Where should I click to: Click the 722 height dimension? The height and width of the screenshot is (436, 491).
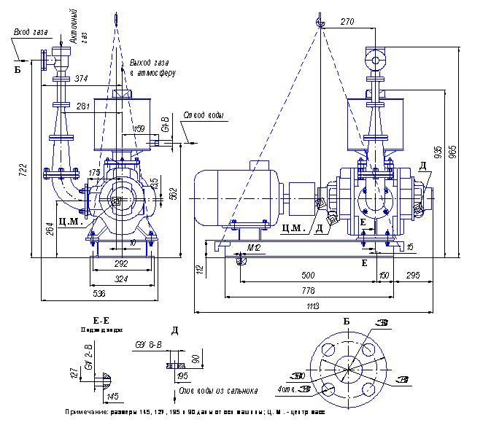(x=23, y=171)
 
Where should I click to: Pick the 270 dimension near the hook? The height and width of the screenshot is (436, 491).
(x=347, y=23)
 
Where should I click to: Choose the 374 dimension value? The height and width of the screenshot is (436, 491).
(x=82, y=79)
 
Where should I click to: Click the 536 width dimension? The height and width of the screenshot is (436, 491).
(x=98, y=293)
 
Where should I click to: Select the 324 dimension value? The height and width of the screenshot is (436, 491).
(x=122, y=279)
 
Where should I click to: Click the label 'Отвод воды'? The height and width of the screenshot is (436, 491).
(x=204, y=116)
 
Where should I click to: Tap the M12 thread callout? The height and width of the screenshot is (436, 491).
(x=254, y=248)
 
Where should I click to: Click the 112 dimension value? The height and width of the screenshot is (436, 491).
(x=199, y=270)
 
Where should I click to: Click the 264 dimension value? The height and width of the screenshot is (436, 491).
(x=49, y=228)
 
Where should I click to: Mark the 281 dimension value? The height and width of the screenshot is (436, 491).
(x=82, y=106)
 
